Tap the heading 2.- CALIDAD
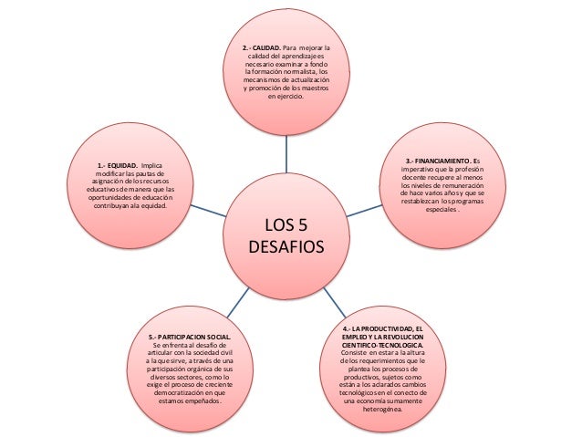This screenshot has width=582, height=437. pos(260,47)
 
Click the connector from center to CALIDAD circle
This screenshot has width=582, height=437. pos(288,160)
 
